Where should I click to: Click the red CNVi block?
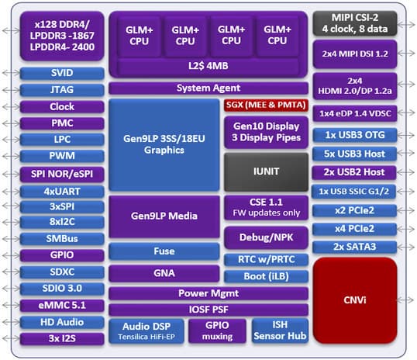355,299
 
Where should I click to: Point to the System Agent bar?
208,88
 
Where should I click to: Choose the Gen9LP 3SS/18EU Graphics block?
164,144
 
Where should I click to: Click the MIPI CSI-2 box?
355,24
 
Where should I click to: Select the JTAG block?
61,89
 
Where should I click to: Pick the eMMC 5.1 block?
61,305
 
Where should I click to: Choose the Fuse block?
164,251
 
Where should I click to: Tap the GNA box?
164,273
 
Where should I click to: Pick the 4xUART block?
61,190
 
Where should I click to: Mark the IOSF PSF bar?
208,309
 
